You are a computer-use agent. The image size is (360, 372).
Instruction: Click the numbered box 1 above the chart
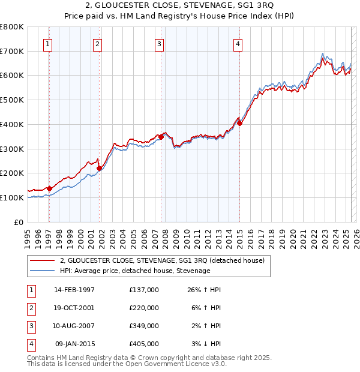point(47,43)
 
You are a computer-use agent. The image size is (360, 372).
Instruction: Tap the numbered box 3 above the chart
point(159,43)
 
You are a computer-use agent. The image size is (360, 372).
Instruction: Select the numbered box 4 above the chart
point(238,43)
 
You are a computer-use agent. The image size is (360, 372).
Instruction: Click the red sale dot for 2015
point(239,124)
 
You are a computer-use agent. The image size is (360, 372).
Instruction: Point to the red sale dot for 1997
point(50,188)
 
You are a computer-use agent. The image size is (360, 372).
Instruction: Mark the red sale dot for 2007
point(161,137)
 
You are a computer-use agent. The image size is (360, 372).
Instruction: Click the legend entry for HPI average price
point(135,271)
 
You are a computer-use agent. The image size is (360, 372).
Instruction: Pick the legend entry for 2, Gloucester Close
point(166,260)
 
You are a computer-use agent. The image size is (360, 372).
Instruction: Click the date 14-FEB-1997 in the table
point(74,290)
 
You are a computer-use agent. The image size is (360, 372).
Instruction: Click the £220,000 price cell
point(144,308)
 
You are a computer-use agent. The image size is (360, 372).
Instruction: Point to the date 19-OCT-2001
point(74,308)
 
